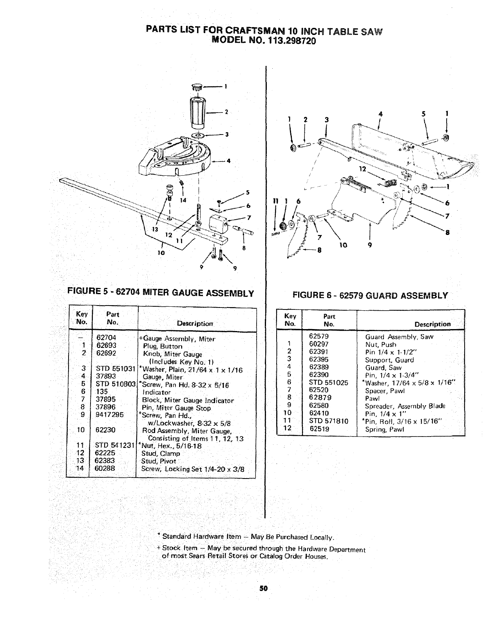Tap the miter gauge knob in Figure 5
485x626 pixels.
point(197,112)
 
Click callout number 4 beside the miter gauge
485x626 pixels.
point(229,160)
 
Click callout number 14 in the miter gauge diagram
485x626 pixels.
point(182,200)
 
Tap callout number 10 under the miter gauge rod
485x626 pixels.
point(160,252)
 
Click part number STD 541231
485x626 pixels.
point(115,446)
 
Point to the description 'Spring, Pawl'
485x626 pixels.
point(384,429)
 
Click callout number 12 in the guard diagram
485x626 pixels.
point(362,169)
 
